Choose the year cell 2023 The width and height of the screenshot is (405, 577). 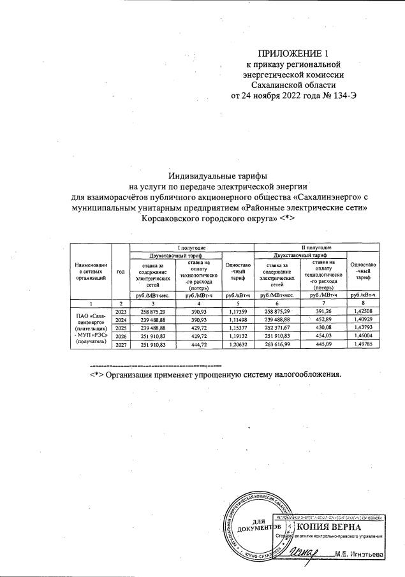121,310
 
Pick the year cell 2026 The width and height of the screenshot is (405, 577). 121,335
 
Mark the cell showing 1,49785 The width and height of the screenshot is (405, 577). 363,344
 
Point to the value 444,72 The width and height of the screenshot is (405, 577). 200,344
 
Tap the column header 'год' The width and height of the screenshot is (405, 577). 121,271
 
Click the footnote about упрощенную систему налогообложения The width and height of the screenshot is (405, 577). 216,374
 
